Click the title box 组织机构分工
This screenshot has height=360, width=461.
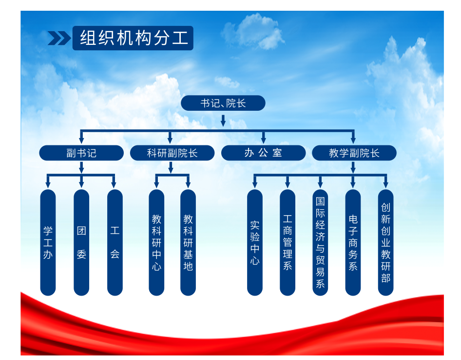[x=133, y=38]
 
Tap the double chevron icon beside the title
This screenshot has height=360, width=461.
[x=59, y=38]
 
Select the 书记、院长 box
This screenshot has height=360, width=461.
[x=223, y=103]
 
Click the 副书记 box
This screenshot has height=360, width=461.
[x=81, y=153]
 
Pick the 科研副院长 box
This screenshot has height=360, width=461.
[x=173, y=153]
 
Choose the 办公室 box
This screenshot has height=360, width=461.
[x=264, y=153]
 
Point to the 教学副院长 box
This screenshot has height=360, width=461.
[x=354, y=153]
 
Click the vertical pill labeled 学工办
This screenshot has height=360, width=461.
[x=48, y=242]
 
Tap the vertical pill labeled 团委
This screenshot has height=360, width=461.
[x=81, y=242]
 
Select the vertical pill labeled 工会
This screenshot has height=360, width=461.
[x=115, y=242]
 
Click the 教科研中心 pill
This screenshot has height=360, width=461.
[x=156, y=242]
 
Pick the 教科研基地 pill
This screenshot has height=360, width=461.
[x=188, y=242]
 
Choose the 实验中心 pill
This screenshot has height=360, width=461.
[x=255, y=242]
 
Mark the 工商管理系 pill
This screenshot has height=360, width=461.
[x=288, y=242]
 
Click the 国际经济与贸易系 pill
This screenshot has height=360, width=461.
[x=320, y=242]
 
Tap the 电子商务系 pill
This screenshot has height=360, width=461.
[x=353, y=242]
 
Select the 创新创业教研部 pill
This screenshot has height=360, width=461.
[x=386, y=242]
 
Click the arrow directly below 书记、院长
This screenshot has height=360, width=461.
[x=223, y=120]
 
